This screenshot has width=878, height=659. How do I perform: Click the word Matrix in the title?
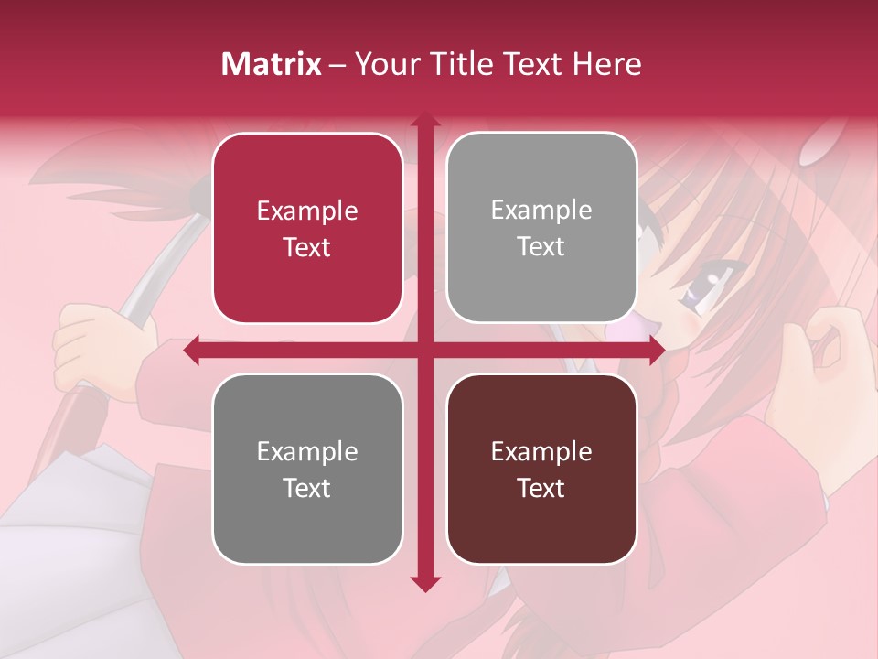272,64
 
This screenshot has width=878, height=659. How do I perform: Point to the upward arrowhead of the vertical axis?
424,122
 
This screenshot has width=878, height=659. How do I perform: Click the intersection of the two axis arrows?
424,350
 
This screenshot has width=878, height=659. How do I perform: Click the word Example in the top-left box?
307,211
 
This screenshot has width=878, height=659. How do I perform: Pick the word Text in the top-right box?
541,247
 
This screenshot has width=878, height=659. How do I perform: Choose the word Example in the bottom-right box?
541,451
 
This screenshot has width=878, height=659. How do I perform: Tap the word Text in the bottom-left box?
307,488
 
